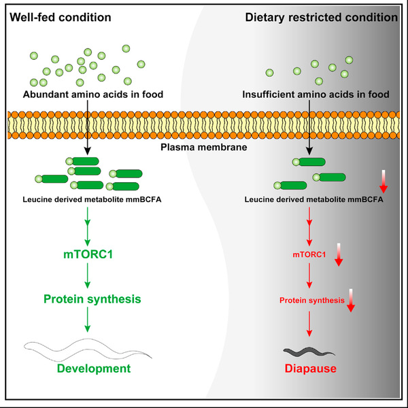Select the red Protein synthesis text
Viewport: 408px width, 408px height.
tap(311, 300)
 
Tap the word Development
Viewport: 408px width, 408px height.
tap(87, 369)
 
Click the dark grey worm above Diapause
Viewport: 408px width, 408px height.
tap(309, 352)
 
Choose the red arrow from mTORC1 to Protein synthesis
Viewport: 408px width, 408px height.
tap(311, 277)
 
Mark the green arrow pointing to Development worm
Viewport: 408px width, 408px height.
tap(87, 320)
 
